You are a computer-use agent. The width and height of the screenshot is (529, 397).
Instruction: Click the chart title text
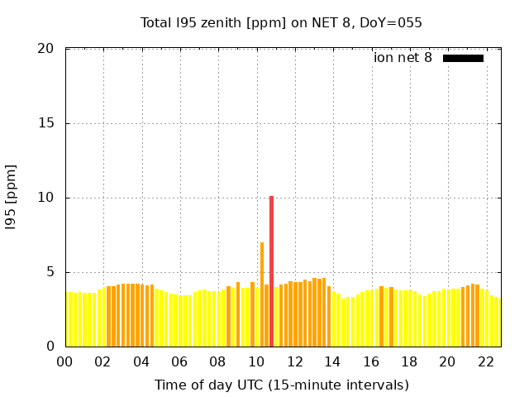click(281, 22)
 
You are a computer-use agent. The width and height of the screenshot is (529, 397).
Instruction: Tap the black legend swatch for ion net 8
click(463, 58)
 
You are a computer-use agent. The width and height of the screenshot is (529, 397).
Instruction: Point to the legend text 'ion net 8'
click(403, 58)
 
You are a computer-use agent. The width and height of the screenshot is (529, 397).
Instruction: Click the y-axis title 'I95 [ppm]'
click(12, 198)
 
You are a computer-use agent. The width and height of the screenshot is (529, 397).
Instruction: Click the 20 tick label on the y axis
click(46, 49)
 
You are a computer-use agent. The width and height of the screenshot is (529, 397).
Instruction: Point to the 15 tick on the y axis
click(46, 123)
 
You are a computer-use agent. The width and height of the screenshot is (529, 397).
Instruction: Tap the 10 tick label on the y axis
click(46, 198)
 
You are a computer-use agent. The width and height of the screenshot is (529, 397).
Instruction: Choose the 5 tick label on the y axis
click(50, 272)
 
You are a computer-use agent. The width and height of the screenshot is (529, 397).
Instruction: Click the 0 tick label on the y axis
click(50, 347)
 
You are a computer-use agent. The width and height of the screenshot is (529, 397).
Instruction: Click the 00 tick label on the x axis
click(64, 361)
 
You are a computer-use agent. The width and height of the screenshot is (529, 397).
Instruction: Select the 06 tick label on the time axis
click(179, 361)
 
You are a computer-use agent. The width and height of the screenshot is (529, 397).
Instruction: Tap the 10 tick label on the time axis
click(255, 361)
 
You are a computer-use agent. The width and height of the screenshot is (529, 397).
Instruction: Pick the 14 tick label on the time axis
click(332, 361)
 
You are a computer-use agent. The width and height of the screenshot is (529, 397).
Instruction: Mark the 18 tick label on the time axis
click(408, 361)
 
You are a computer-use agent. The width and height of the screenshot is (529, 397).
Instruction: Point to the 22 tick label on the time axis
click(485, 361)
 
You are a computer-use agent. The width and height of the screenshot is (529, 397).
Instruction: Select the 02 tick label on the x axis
click(102, 361)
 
